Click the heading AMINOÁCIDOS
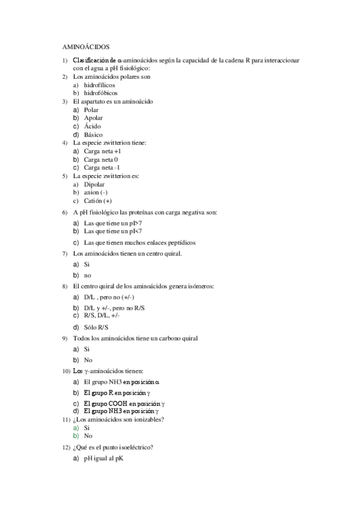pyautogui.click(x=86, y=46)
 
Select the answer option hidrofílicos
pyautogui.click(x=100, y=85)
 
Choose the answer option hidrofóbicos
pyautogui.click(x=101, y=93)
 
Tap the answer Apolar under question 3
pyautogui.click(x=93, y=118)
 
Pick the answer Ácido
pyautogui.click(x=93, y=127)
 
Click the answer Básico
pyautogui.click(x=94, y=135)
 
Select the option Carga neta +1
pyautogui.click(x=103, y=152)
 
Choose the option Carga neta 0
pyautogui.click(x=101, y=160)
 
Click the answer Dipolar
pyautogui.click(x=95, y=185)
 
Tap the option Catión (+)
pyautogui.click(x=98, y=201)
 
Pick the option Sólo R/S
pyautogui.click(x=96, y=327)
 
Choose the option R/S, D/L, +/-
pyautogui.click(x=102, y=315)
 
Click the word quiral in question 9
pyautogui.click(x=188, y=338)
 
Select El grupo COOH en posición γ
pyautogui.click(x=124, y=403)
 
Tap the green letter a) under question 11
pyautogui.click(x=76, y=428)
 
